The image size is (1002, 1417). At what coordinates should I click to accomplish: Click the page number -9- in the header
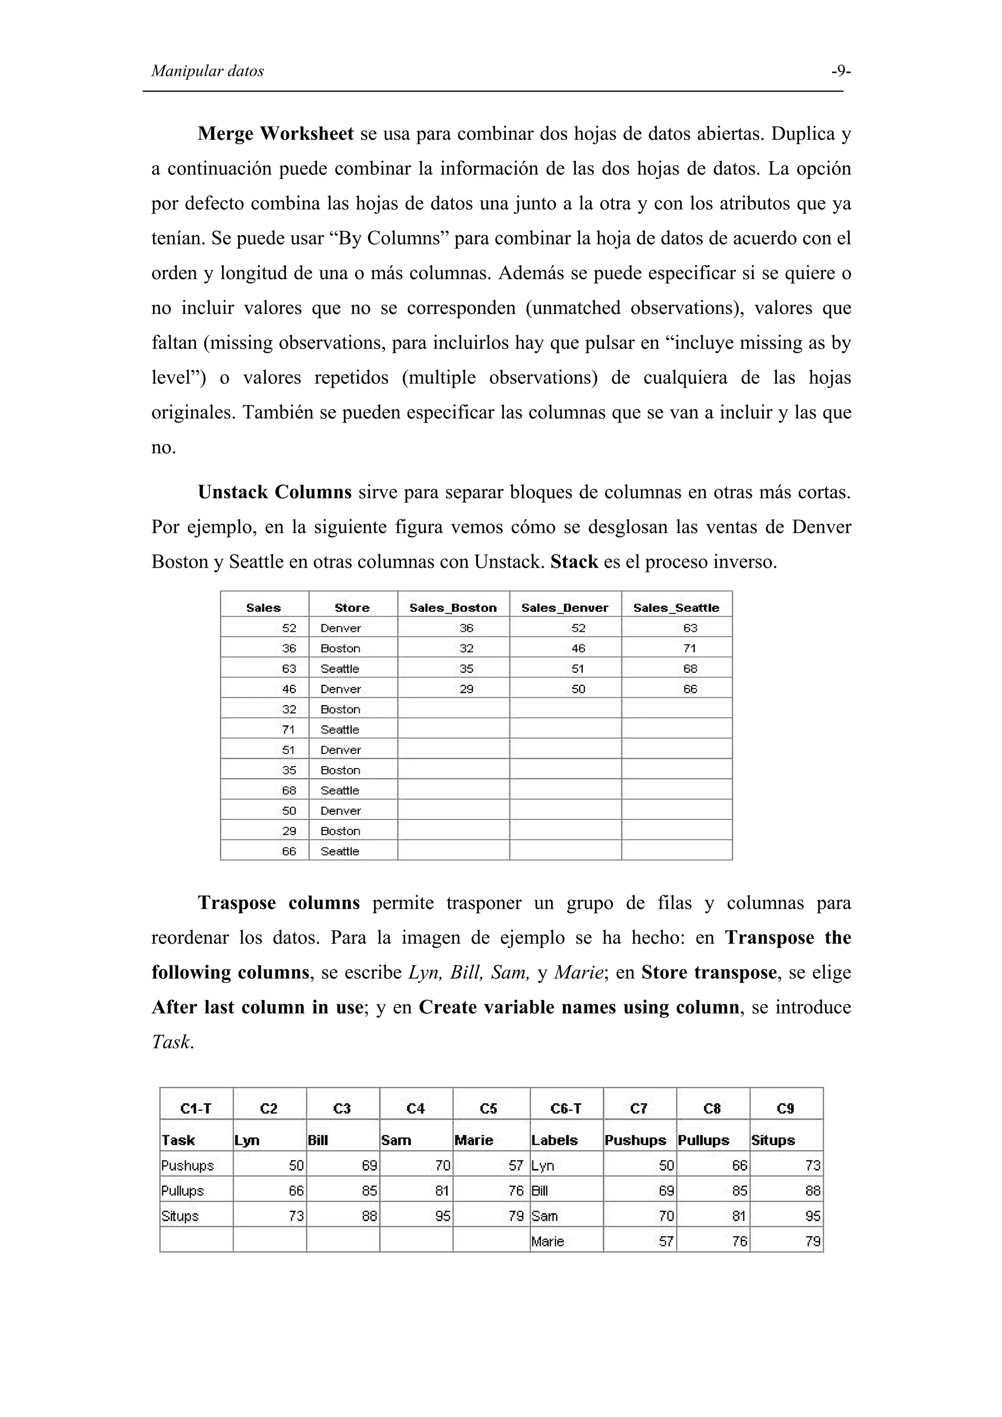tap(840, 71)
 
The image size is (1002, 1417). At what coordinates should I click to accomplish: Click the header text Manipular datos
tap(207, 71)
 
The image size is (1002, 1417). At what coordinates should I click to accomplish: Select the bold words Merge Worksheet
tap(275, 134)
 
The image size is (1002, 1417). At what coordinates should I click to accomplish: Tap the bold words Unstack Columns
tap(275, 492)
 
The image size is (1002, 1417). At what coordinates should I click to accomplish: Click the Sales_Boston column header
tap(453, 608)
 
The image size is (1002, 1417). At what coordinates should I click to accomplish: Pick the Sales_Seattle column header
tap(676, 608)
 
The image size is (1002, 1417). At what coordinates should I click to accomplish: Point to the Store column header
tap(352, 608)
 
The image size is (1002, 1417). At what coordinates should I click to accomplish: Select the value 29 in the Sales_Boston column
tap(466, 689)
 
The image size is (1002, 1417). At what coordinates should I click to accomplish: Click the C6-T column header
tap(566, 1109)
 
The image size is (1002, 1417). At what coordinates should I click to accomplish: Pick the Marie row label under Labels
tap(547, 1241)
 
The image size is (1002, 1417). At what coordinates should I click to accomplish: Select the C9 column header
tap(785, 1109)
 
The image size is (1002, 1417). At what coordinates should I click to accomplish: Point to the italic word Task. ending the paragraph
tap(173, 1042)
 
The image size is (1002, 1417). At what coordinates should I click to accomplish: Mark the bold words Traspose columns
tap(278, 904)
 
